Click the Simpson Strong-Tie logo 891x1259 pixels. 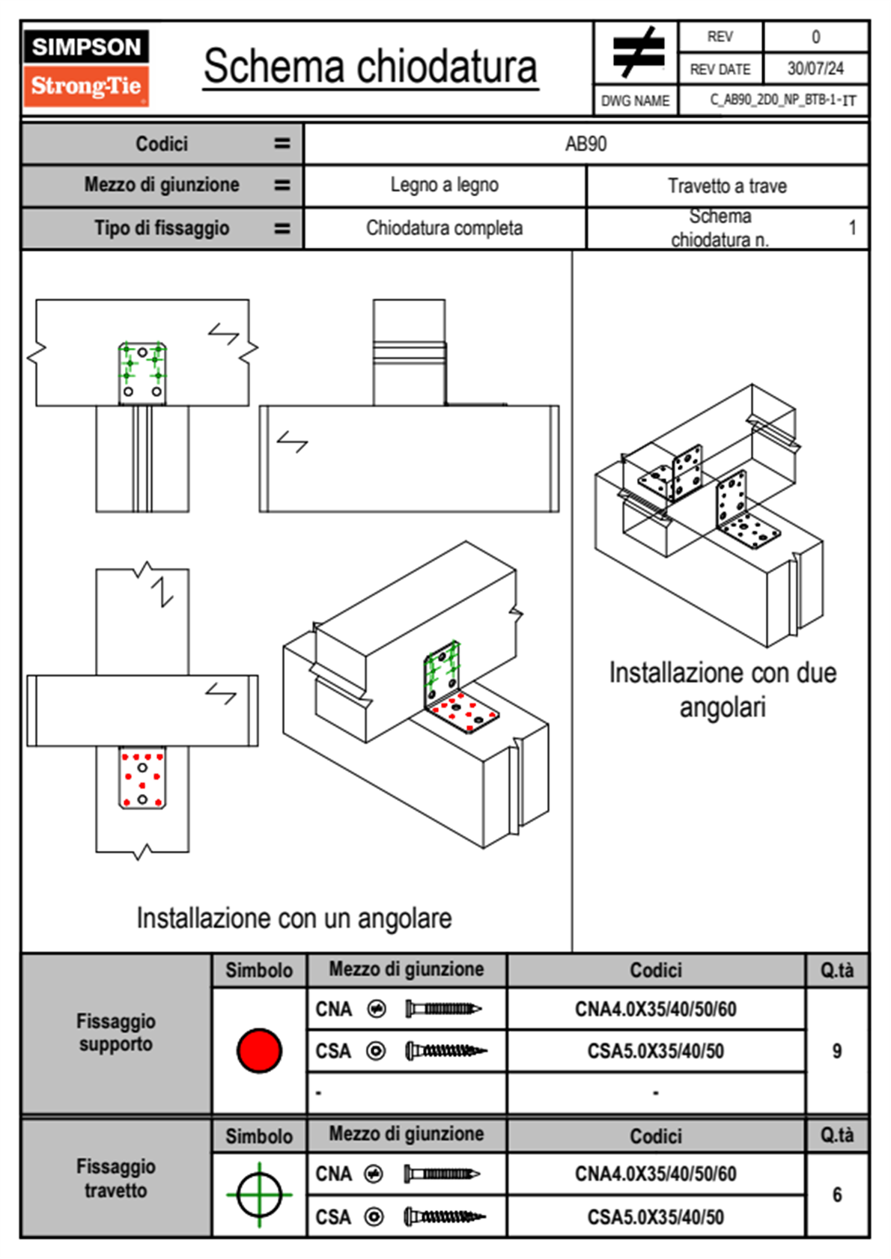[x=86, y=68]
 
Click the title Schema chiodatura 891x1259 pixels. [x=371, y=67]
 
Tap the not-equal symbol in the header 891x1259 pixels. [x=637, y=52]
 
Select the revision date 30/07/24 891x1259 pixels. [x=815, y=69]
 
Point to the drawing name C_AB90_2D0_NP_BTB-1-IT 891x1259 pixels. [x=782, y=100]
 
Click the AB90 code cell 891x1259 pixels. [x=586, y=144]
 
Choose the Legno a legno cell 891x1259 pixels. [x=444, y=185]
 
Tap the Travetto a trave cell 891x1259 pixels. [x=727, y=186]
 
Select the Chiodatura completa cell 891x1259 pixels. [x=444, y=228]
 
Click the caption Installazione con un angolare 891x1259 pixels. [x=294, y=918]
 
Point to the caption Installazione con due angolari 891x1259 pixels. [x=723, y=689]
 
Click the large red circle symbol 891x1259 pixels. [x=259, y=1050]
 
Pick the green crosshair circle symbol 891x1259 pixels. [x=259, y=1195]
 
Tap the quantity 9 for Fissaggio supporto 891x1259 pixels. [x=836, y=1051]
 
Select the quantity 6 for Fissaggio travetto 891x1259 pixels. [x=836, y=1195]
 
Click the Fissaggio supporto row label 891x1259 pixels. [x=116, y=1033]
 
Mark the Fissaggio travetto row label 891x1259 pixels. [x=116, y=1178]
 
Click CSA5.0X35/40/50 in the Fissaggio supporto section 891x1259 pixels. [x=655, y=1051]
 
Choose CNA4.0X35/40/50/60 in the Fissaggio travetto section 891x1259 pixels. [x=655, y=1174]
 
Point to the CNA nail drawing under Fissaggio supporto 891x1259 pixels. [x=443, y=1009]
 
